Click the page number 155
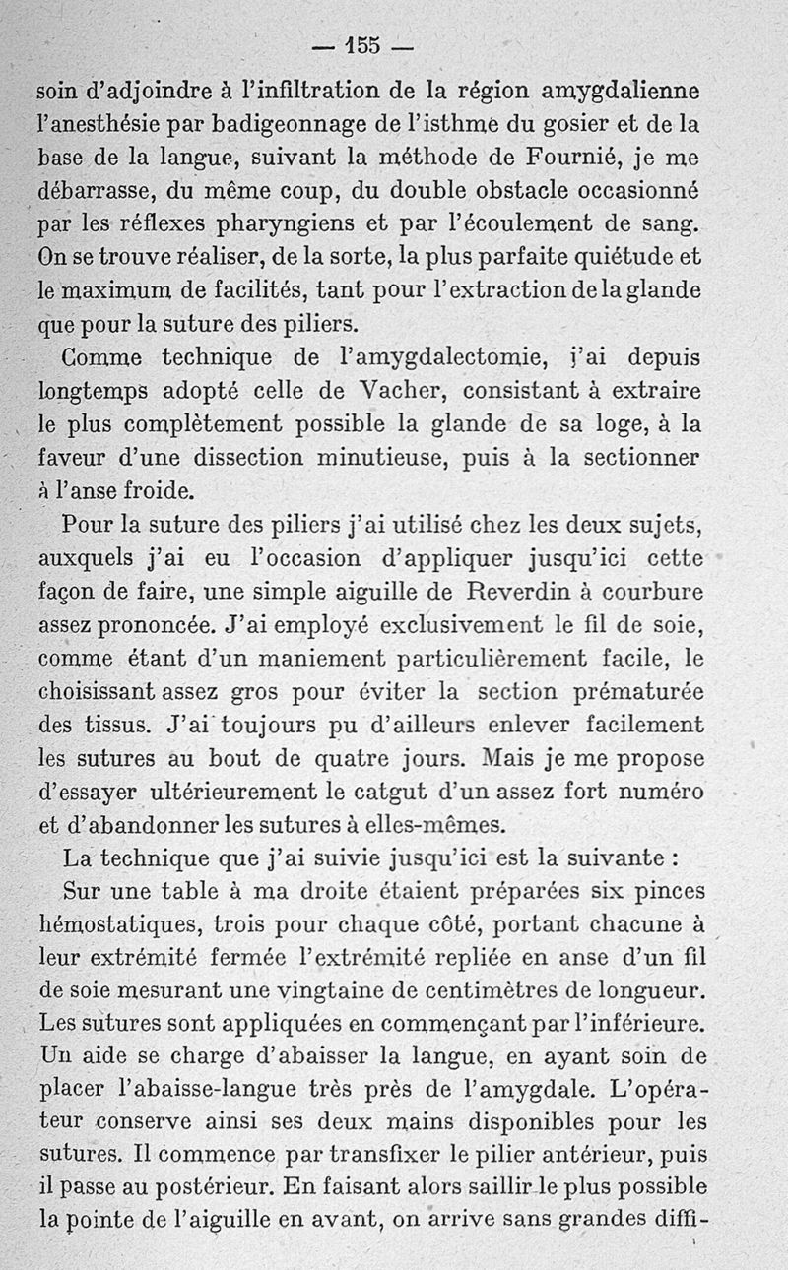click(x=363, y=45)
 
